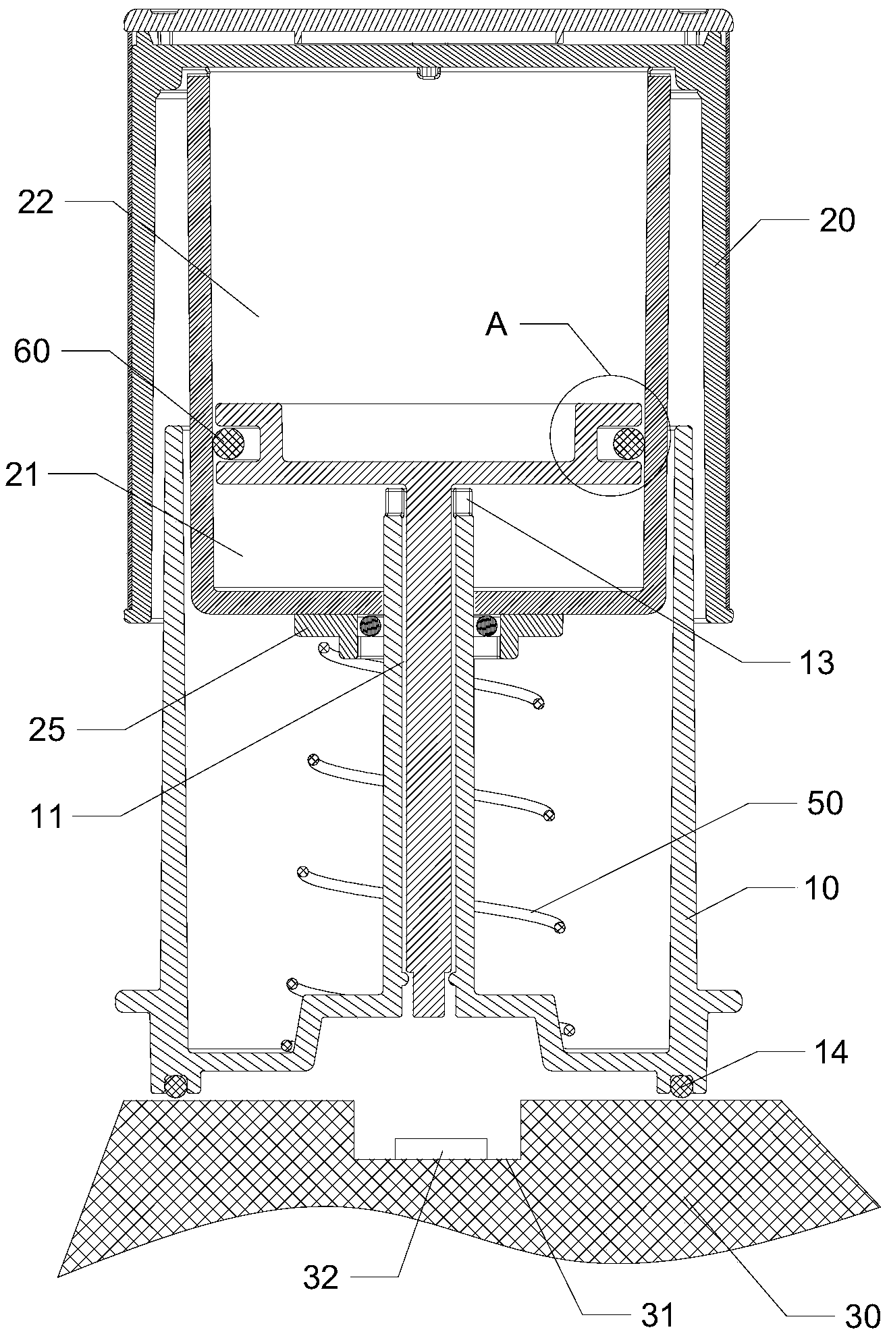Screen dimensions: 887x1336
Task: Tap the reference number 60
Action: [x=32, y=352]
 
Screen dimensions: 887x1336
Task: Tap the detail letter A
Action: [x=496, y=325]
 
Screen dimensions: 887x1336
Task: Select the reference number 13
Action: [x=817, y=663]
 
